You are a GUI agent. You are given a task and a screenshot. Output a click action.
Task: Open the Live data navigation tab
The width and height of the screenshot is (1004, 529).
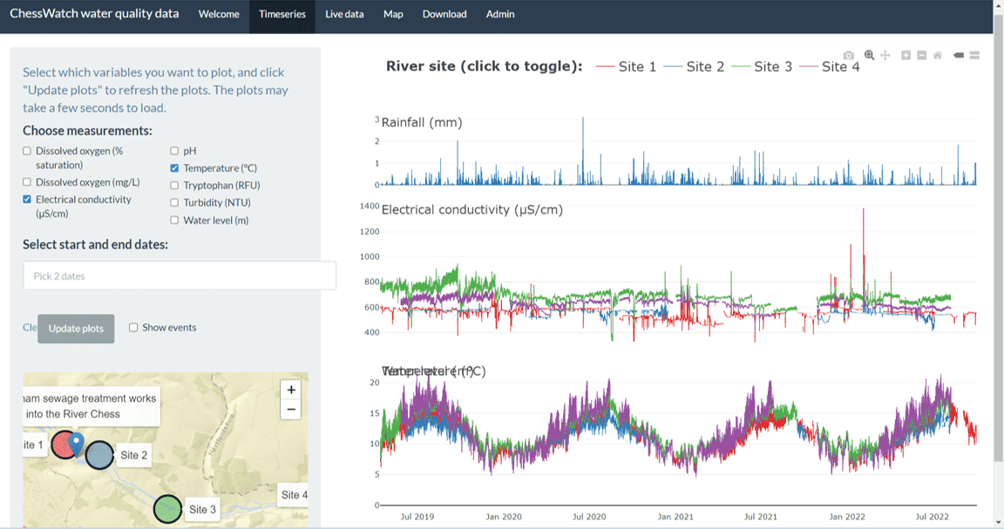coord(344,14)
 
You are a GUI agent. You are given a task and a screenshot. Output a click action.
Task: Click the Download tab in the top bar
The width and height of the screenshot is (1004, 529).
coord(444,14)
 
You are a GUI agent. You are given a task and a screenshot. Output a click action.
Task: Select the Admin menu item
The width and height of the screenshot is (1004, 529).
coord(500,14)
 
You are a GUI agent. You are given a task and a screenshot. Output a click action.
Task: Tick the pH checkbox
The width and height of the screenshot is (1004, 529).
coord(174,152)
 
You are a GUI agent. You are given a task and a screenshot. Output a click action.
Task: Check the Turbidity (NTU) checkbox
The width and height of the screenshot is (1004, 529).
coord(174,202)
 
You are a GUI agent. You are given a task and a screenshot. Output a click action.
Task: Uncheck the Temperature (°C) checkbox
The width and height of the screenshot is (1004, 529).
coord(174,168)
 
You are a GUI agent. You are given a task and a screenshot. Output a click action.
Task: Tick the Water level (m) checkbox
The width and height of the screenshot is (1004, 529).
coord(174,220)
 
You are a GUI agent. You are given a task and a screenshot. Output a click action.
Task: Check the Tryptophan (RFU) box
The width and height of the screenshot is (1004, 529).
coord(174,186)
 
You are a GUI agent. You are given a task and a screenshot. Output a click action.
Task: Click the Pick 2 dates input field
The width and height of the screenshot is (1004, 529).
coord(180,276)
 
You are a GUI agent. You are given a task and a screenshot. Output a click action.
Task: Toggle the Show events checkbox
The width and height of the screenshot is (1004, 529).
coord(133,328)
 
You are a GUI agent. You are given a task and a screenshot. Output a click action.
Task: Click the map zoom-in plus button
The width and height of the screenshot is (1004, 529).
coord(291,390)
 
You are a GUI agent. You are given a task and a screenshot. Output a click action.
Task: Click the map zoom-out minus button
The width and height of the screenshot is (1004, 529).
coord(291,410)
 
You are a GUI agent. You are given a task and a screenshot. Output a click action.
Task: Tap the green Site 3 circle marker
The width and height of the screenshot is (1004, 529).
coord(167,508)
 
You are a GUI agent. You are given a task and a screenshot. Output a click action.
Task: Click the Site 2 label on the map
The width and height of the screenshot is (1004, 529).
coord(133,455)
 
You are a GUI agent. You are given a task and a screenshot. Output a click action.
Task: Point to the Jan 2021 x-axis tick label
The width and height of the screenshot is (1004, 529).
coord(675,517)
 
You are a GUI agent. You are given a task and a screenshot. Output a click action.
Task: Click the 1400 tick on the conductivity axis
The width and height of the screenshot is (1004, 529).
coord(370,207)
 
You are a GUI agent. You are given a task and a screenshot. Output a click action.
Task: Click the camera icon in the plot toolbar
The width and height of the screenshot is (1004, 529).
coord(849,56)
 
